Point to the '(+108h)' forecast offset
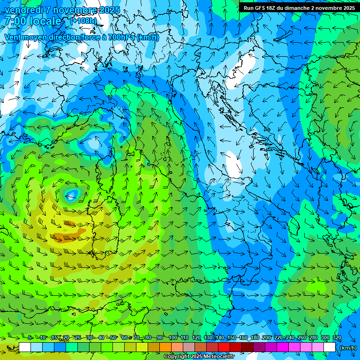pos(83,21)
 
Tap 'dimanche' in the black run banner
pos(296,8)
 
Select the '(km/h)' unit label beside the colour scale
pos(347,348)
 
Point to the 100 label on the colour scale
pos(173,337)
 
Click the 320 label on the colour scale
pos(337,337)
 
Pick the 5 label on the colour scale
pos(30,337)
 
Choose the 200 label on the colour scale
pos(267,337)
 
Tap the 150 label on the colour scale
pos(232,337)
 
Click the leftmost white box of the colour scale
pos(25,347)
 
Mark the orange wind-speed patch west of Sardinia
pos(64,237)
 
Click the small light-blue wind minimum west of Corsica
pos(71,194)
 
